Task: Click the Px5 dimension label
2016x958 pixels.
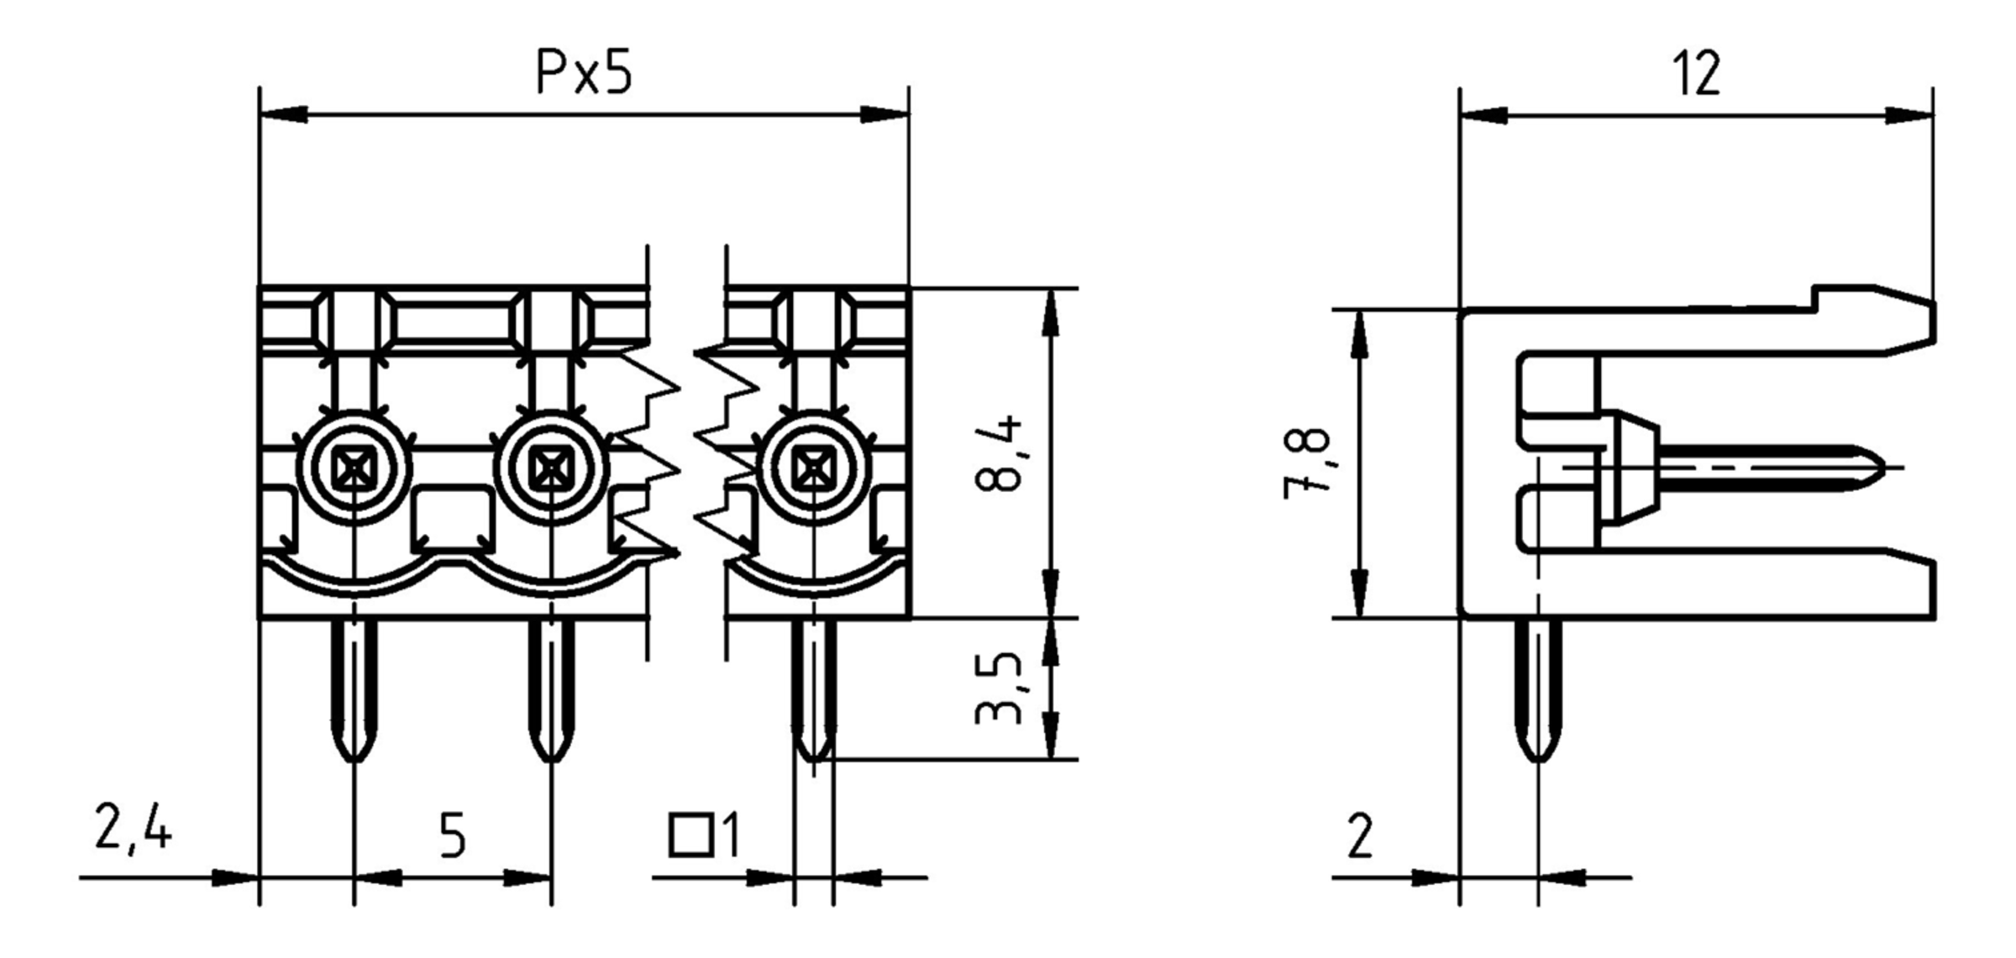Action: (584, 73)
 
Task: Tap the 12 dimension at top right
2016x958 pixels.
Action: (1696, 73)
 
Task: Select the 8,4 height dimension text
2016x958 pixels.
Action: (999, 453)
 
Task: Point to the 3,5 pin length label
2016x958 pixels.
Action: (999, 688)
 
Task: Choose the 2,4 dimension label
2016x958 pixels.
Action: (133, 829)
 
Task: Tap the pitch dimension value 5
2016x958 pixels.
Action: (452, 837)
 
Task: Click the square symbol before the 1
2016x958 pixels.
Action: (690, 835)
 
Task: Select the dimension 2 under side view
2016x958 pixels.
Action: (1360, 837)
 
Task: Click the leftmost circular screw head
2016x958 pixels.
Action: (354, 469)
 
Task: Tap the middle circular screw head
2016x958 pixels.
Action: (551, 469)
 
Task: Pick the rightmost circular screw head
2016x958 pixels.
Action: (813, 469)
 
